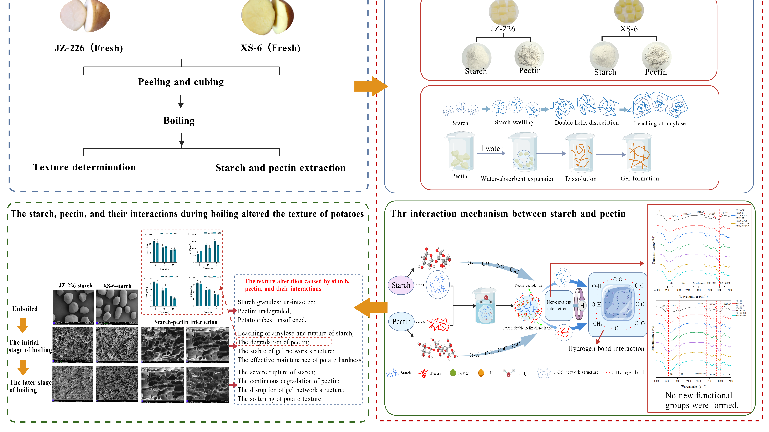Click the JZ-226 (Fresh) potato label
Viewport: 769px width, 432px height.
click(x=89, y=48)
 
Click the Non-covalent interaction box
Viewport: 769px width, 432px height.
click(x=559, y=305)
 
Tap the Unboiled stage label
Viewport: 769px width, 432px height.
click(x=25, y=309)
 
